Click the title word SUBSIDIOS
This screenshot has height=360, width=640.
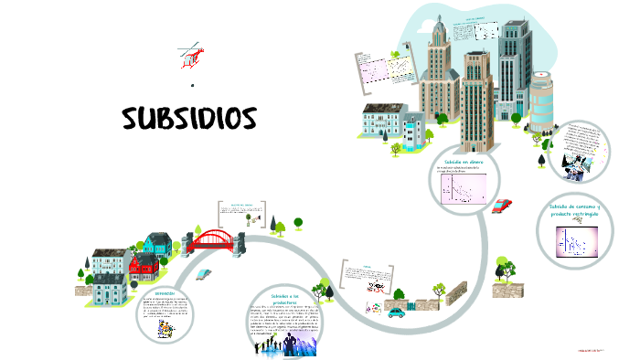tap(189, 119)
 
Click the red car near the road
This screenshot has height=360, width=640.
tap(501, 206)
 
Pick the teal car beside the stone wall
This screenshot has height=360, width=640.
tap(396, 312)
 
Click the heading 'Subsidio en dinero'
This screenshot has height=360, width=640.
tap(464, 161)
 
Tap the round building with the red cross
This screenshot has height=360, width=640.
tap(541, 103)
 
